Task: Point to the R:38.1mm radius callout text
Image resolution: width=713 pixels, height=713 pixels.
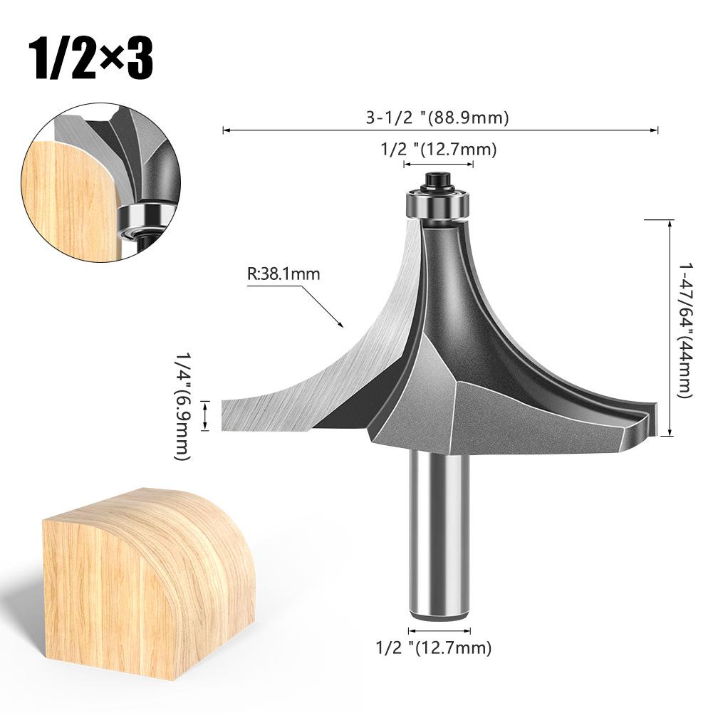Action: [x=283, y=273]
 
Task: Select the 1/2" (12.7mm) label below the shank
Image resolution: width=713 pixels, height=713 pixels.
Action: [x=434, y=647]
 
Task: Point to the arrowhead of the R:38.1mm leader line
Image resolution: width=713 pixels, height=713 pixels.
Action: [x=343, y=326]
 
